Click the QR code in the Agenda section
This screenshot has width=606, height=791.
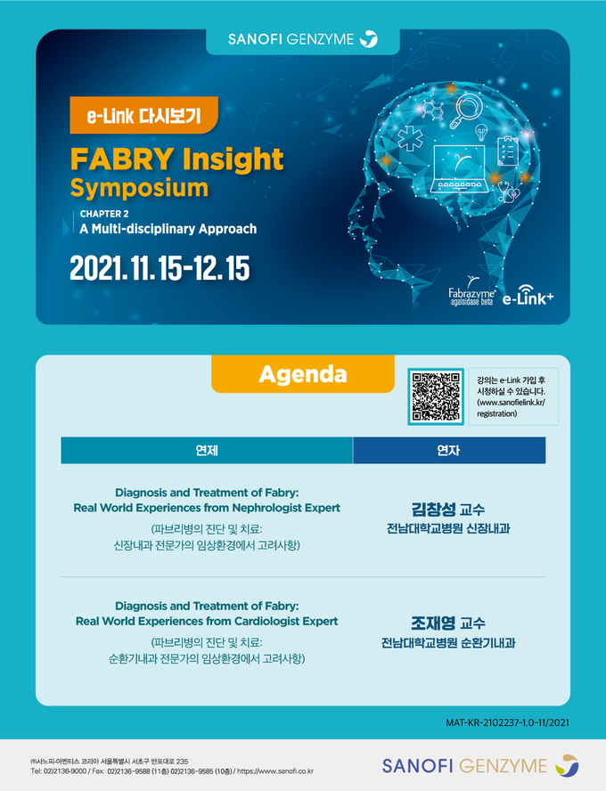point(436,396)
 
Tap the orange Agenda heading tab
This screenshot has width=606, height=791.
point(303,374)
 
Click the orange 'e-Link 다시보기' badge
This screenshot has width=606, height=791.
point(143,116)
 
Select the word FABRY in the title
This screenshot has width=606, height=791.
point(122,159)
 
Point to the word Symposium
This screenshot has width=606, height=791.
point(139,188)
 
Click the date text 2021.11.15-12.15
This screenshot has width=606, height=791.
point(160,268)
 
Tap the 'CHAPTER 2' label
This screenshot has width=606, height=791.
point(104,214)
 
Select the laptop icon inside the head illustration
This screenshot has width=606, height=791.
point(460,169)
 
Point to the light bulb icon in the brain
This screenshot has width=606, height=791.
point(481,133)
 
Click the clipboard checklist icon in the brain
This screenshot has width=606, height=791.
point(508,151)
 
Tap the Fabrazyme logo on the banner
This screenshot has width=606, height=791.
point(471,291)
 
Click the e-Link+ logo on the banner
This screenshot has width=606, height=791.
point(528,296)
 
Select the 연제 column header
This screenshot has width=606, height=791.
point(207,451)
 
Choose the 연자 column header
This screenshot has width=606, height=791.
point(449,451)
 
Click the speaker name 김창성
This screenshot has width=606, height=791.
point(434,510)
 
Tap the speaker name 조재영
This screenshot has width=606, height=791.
point(433,624)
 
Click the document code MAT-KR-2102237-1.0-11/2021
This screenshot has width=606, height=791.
point(507,722)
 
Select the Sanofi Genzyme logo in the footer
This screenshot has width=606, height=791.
point(480,766)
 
